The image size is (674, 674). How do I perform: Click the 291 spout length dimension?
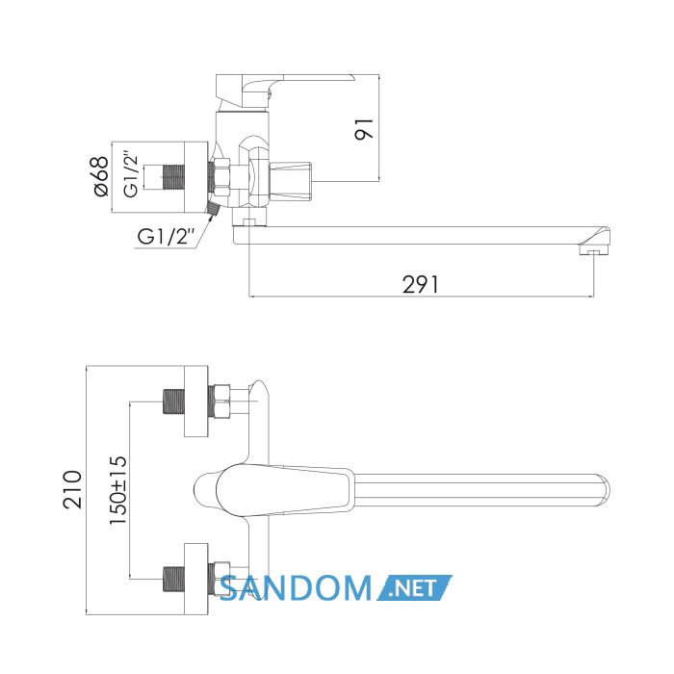(x=421, y=284)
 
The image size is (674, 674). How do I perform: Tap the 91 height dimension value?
(x=364, y=128)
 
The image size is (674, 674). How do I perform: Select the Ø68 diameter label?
(x=100, y=176)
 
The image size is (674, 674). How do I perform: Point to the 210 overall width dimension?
(x=72, y=489)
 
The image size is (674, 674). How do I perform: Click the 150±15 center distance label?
(x=118, y=490)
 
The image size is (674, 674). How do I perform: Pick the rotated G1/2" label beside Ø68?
(x=131, y=173)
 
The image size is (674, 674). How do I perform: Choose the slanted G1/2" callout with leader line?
(x=166, y=236)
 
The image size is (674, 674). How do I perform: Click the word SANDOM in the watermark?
(x=297, y=588)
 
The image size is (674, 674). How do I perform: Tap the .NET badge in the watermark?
(x=415, y=587)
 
